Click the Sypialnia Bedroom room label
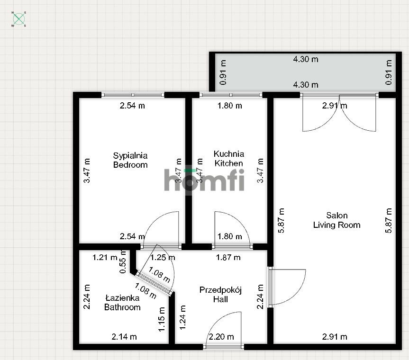130,160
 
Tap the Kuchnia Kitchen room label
229,159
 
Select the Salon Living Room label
336,220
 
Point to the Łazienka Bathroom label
122,302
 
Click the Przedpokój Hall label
220,295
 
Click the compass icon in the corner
18,19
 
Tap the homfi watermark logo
204,180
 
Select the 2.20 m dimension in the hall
221,337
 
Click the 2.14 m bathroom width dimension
124,337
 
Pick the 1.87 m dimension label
228,258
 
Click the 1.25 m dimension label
163,258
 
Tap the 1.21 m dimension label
105,258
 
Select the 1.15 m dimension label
162,319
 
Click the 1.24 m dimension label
182,317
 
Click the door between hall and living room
287,287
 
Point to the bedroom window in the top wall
133,95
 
